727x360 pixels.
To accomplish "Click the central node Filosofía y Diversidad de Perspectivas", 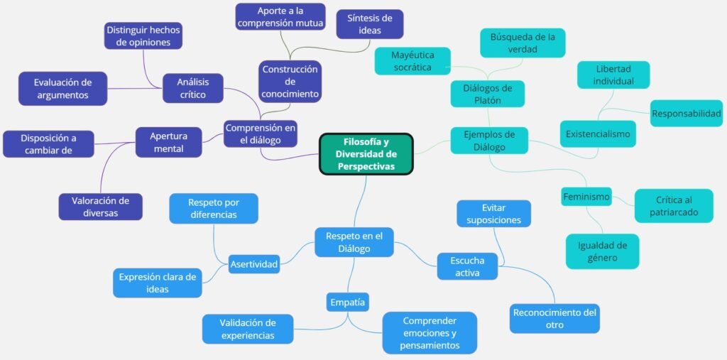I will click(366, 153).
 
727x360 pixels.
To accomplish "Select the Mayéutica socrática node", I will click(412, 61).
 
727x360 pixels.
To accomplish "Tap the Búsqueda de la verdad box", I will click(522, 43).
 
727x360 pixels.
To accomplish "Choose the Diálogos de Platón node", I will click(487, 94).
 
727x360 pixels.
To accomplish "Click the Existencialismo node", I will click(597, 133).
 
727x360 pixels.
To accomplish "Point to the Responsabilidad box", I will click(687, 114).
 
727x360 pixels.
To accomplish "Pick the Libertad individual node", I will click(614, 75).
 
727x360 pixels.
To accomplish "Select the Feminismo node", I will click(586, 196).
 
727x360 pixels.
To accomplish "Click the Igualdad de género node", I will click(602, 251).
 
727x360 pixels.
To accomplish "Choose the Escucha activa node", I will click(467, 266).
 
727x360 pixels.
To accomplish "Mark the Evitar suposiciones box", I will click(493, 214).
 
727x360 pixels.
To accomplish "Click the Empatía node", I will click(348, 302).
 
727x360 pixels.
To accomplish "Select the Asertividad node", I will click(254, 263).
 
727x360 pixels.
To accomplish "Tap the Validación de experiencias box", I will click(247, 329).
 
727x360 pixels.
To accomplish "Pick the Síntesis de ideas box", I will click(369, 24).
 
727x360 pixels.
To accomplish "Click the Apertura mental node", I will click(168, 142).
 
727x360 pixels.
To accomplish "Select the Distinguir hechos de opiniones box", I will click(143, 36).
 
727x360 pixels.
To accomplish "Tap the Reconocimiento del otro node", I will click(554, 319).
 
